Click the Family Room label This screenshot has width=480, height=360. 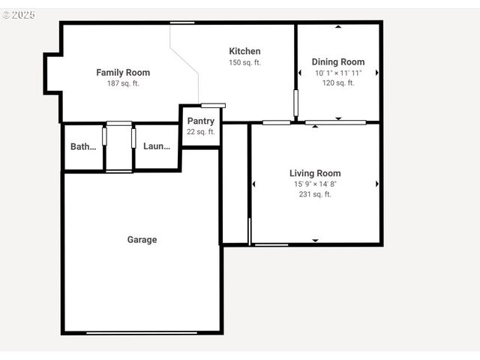click(x=123, y=73)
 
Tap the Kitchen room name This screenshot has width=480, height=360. click(x=244, y=51)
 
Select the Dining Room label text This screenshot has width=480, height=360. click(x=338, y=62)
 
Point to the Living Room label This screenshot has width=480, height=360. click(x=315, y=173)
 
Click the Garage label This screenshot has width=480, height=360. click(x=142, y=240)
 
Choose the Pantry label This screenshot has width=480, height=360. click(x=200, y=121)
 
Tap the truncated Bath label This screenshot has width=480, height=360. click(x=83, y=147)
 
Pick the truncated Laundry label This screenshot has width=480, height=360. click(x=157, y=147)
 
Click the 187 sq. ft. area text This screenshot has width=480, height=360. click(x=123, y=83)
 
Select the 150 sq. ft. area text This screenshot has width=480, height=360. click(x=244, y=62)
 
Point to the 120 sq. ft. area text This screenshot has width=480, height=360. click(x=338, y=83)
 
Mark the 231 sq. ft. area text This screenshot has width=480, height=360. click(x=315, y=194)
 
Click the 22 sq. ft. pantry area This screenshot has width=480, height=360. click(x=200, y=132)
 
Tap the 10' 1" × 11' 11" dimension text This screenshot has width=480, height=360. click(x=338, y=73)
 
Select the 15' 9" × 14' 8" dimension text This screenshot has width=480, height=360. click(x=315, y=184)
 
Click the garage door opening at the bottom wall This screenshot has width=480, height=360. click(x=142, y=332)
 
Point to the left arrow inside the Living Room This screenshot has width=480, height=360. click(x=253, y=184)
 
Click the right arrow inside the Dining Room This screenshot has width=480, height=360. click(x=376, y=73)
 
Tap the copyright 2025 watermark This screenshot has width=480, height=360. click(x=18, y=15)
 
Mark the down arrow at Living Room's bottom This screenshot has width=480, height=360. click(x=315, y=241)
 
